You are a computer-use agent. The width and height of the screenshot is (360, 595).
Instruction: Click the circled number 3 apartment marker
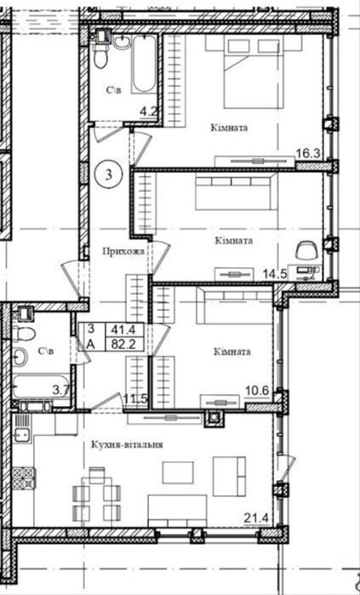coord(109,174)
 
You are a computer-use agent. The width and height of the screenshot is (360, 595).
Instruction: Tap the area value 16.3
coord(308,153)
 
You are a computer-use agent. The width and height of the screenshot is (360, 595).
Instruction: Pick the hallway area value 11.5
coord(134,399)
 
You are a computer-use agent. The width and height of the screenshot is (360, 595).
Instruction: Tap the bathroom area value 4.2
coord(148,112)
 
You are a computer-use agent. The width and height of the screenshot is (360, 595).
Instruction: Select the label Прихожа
coord(123,251)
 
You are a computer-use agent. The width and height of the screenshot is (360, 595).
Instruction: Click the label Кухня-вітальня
coord(127,444)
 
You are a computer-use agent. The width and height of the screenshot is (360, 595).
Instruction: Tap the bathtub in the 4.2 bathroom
coord(144,64)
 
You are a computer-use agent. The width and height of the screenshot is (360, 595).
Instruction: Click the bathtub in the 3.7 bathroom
coord(41,386)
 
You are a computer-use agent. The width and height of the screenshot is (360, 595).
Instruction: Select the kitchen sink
coord(23,432)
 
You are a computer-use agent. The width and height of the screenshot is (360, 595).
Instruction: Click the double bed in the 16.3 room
coord(253,72)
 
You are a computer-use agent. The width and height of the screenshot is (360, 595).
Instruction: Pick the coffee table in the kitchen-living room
coord(178,472)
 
